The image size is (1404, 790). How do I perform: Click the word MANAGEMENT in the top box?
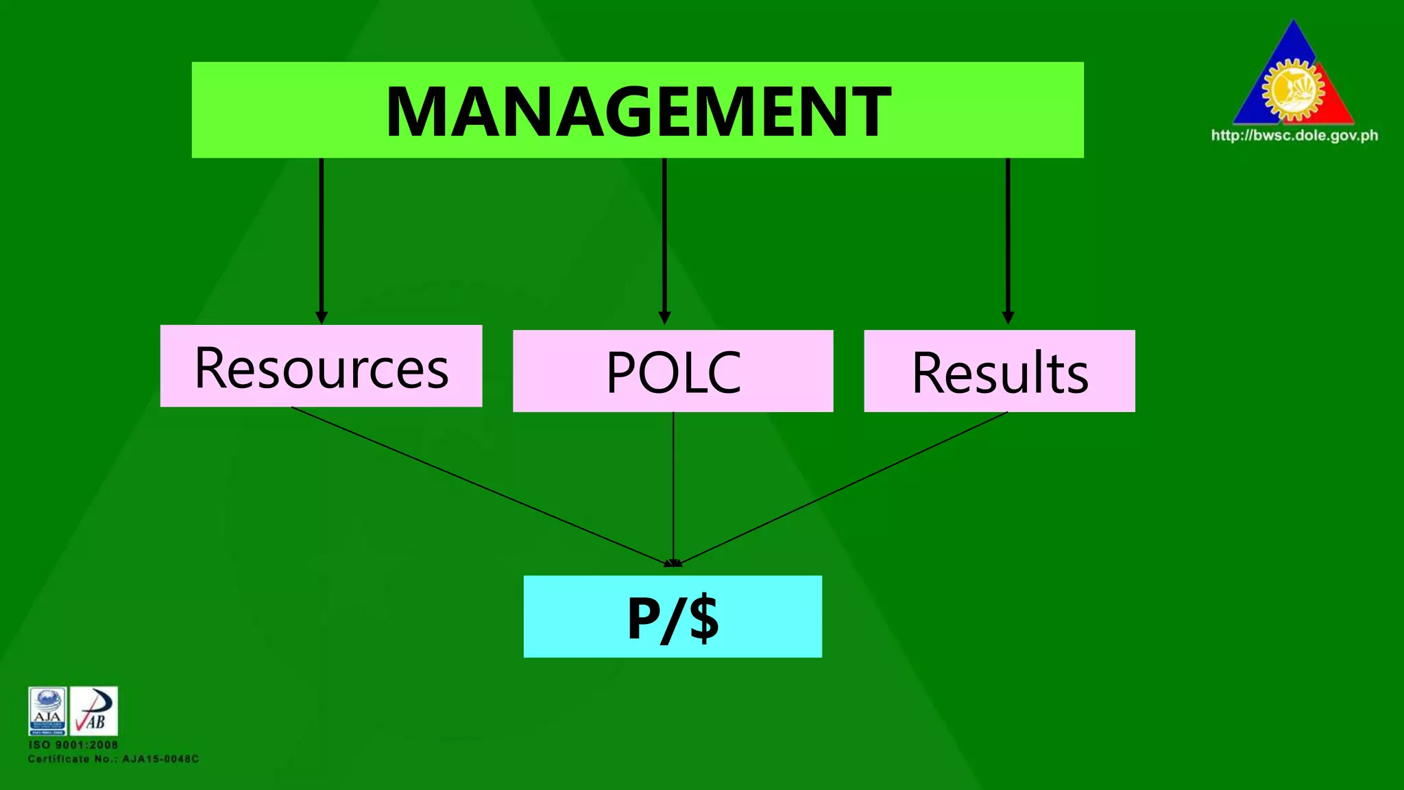pyautogui.click(x=638, y=112)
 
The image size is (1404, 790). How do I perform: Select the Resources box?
pyautogui.click(x=321, y=366)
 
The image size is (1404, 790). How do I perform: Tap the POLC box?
pyautogui.click(x=673, y=371)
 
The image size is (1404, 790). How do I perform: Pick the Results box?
pyautogui.click(x=999, y=371)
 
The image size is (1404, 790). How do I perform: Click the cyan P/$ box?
pyautogui.click(x=673, y=617)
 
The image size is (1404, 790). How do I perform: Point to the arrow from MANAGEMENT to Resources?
pyautogui.click(x=321, y=240)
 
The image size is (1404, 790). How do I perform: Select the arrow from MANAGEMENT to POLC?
pyautogui.click(x=664, y=240)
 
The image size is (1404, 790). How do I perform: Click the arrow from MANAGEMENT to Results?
pyautogui.click(x=1008, y=240)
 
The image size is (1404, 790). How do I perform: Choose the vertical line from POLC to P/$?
pyautogui.click(x=673, y=487)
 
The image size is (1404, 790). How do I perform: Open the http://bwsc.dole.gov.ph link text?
pyautogui.click(x=1294, y=135)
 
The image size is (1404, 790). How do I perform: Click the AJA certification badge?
pyautogui.click(x=47, y=710)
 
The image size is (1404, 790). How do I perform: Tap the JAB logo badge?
pyautogui.click(x=94, y=710)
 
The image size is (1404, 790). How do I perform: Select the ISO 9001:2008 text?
pyautogui.click(x=73, y=745)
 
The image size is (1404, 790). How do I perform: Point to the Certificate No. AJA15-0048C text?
pyautogui.click(x=113, y=759)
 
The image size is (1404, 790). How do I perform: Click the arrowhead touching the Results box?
pyautogui.click(x=1008, y=318)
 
